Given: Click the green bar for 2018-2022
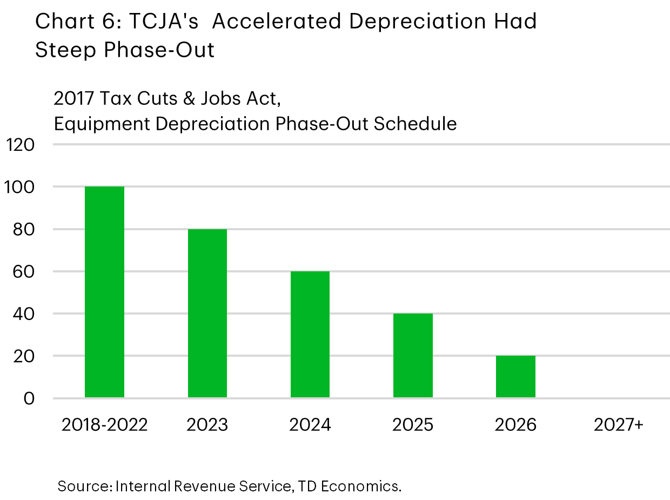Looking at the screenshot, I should pyautogui.click(x=104, y=292).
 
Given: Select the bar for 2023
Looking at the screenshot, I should pyautogui.click(x=207, y=314).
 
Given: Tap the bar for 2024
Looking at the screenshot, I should pyautogui.click(x=310, y=335).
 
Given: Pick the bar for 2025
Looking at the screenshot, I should pyautogui.click(x=413, y=356).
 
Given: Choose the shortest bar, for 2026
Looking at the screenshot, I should pyautogui.click(x=515, y=377).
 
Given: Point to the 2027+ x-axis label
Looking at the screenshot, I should pyautogui.click(x=619, y=425).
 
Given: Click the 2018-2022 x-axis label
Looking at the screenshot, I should pyautogui.click(x=104, y=425).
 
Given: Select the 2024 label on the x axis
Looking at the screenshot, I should pyautogui.click(x=310, y=425).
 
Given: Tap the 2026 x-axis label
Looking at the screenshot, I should pyautogui.click(x=515, y=425).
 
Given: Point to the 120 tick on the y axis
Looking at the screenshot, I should pyautogui.click(x=20, y=145).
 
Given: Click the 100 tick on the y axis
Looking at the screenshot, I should pyautogui.click(x=20, y=188).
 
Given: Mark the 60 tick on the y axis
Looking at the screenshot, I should pyautogui.click(x=24, y=272).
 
